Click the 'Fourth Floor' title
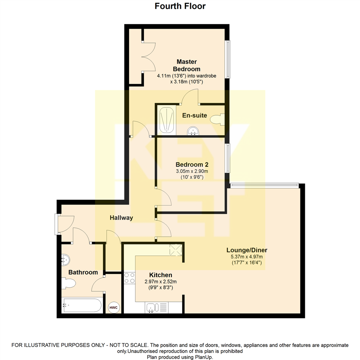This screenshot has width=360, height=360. tap(180, 6)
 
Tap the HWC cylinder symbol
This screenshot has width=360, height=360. tap(113, 307)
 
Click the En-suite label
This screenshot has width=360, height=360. tap(195, 116)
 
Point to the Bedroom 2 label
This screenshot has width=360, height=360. tap(189, 165)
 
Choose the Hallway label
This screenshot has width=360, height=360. tap(121, 218)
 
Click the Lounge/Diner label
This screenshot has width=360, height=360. tap(247, 250)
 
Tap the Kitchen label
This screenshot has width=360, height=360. tap(160, 275)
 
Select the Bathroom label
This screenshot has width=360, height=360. tap(83, 272)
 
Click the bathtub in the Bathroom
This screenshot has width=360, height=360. tap(82, 305)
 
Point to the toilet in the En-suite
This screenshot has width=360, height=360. tap(219, 119)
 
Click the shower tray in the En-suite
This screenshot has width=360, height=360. tap(167, 120)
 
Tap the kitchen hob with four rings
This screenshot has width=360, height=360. tap(129, 278)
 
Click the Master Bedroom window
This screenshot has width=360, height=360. tap(228, 59)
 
